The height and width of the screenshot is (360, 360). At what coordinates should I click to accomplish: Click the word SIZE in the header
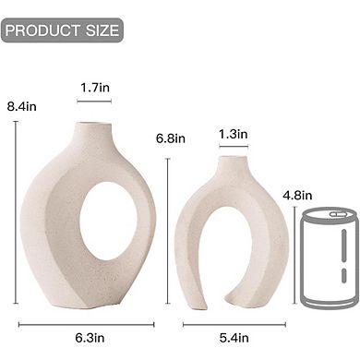[101, 30]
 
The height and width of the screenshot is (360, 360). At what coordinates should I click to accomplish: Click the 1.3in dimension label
[233, 135]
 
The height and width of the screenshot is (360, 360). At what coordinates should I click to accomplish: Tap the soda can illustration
[327, 258]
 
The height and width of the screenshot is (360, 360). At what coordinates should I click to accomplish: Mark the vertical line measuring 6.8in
[167, 235]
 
